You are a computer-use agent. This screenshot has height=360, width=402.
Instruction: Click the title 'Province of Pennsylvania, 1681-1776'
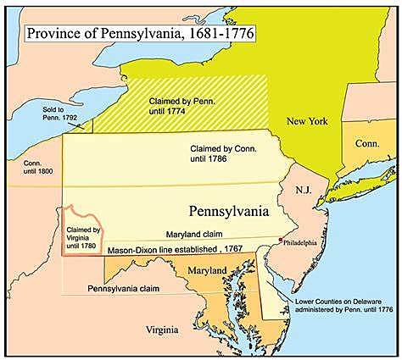[140, 35]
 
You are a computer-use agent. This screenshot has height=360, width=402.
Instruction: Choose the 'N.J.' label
[303, 190]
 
